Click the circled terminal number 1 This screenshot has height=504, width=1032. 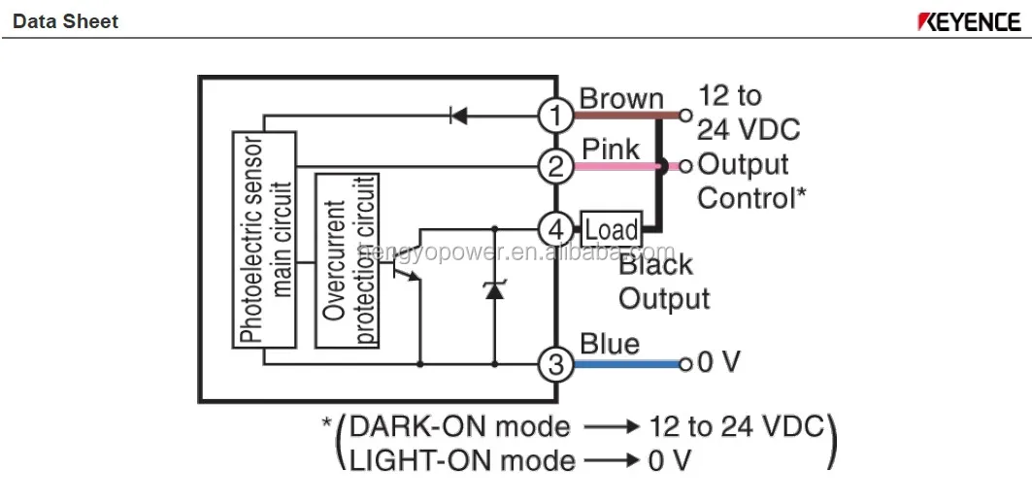(x=555, y=117)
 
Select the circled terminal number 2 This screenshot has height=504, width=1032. (x=555, y=166)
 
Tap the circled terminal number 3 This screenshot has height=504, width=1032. (x=555, y=364)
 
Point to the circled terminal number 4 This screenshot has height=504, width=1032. (x=555, y=230)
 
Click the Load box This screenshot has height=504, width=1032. (x=611, y=230)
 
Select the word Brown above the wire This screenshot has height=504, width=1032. (x=621, y=98)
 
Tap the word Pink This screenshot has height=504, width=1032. (x=611, y=149)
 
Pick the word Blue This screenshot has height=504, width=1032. (x=610, y=344)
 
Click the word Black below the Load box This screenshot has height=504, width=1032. (x=656, y=264)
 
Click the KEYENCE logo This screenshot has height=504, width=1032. (x=968, y=21)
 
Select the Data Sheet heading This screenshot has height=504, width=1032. (x=65, y=21)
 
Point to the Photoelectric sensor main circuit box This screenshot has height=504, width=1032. (x=264, y=240)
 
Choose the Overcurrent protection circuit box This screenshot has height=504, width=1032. (x=348, y=259)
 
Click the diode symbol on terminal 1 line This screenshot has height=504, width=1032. (x=458, y=117)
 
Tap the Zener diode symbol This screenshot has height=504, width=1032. (x=494, y=288)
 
